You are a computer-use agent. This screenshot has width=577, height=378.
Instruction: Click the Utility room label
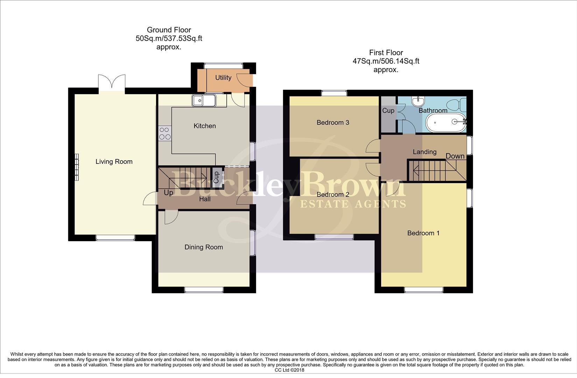click(223, 78)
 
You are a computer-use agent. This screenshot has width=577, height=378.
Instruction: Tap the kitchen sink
click(204, 101)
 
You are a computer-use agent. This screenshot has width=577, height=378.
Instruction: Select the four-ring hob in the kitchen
click(165, 133)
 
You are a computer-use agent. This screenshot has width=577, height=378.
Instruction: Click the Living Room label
click(114, 162)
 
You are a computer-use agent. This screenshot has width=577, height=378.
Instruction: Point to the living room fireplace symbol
click(77, 167)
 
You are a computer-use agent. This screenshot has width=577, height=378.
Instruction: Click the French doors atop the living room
click(112, 83)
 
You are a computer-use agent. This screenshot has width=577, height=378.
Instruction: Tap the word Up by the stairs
click(168, 193)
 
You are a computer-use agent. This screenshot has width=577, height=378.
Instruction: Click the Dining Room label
click(204, 247)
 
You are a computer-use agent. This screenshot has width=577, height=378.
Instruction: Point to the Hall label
click(205, 199)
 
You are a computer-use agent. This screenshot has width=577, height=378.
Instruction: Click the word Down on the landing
click(455, 156)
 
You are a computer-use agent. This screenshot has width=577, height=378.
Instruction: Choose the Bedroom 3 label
click(333, 122)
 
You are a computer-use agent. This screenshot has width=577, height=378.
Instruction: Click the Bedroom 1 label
click(423, 233)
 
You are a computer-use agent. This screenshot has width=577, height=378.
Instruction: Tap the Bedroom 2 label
click(333, 195)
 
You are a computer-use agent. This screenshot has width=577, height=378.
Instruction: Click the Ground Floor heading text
click(169, 30)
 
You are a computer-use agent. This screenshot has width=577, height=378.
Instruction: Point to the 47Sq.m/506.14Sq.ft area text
click(386, 61)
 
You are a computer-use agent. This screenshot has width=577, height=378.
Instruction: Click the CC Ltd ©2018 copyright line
click(289, 370)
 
